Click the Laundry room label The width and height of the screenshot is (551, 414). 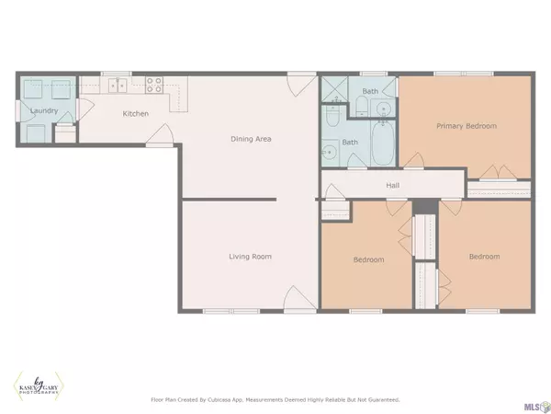tap(45, 111)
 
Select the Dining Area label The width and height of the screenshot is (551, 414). tap(250, 139)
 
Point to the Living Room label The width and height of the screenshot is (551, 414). tap(250, 256)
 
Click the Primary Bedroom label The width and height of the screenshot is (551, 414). tap(467, 125)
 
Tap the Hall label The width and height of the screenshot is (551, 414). tap(392, 185)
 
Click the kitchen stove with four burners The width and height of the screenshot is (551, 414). tap(154, 86)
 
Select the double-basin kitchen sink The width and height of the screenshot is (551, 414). tap(118, 86)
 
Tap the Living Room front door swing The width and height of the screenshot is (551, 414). tap(295, 297)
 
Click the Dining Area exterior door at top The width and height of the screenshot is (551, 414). tap(296, 83)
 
